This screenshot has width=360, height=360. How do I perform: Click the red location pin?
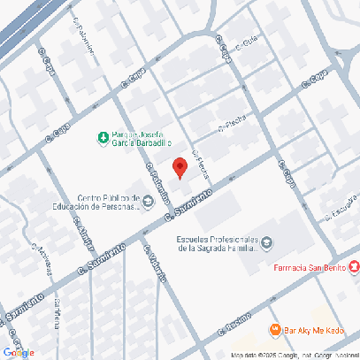click(179, 167)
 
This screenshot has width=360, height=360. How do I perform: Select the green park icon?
click(103, 137)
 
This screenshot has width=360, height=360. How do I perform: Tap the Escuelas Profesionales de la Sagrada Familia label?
click(217, 243)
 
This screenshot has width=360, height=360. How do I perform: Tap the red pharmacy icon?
click(354, 267)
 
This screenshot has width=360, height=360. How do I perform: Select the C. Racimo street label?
click(234, 326)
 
